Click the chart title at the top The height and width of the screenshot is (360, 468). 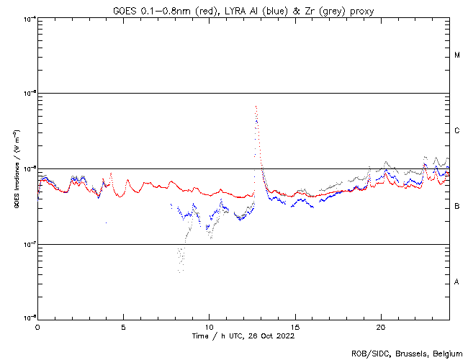click(243, 9)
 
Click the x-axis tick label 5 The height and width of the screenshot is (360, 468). click(123, 326)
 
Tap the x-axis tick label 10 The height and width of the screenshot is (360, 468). click(209, 326)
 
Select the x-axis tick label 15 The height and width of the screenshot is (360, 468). click(294, 326)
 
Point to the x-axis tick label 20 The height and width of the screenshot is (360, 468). click(381, 326)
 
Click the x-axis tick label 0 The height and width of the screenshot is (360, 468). click(37, 326)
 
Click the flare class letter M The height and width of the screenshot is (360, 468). click(457, 55)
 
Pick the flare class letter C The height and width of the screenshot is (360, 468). click(457, 131)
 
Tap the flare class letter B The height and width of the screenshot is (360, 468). click(457, 207)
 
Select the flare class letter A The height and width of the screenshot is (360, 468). click(457, 282)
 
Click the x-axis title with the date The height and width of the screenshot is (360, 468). click(243, 336)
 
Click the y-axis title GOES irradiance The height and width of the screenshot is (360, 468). click(16, 168)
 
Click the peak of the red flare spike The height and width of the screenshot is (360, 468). click(256, 107)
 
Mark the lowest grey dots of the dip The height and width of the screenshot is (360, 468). click(180, 270)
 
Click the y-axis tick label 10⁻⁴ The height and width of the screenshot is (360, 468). click(29, 18)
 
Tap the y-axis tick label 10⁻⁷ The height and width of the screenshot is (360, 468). click(29, 244)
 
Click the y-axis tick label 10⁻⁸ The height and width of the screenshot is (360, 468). click(29, 319)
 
